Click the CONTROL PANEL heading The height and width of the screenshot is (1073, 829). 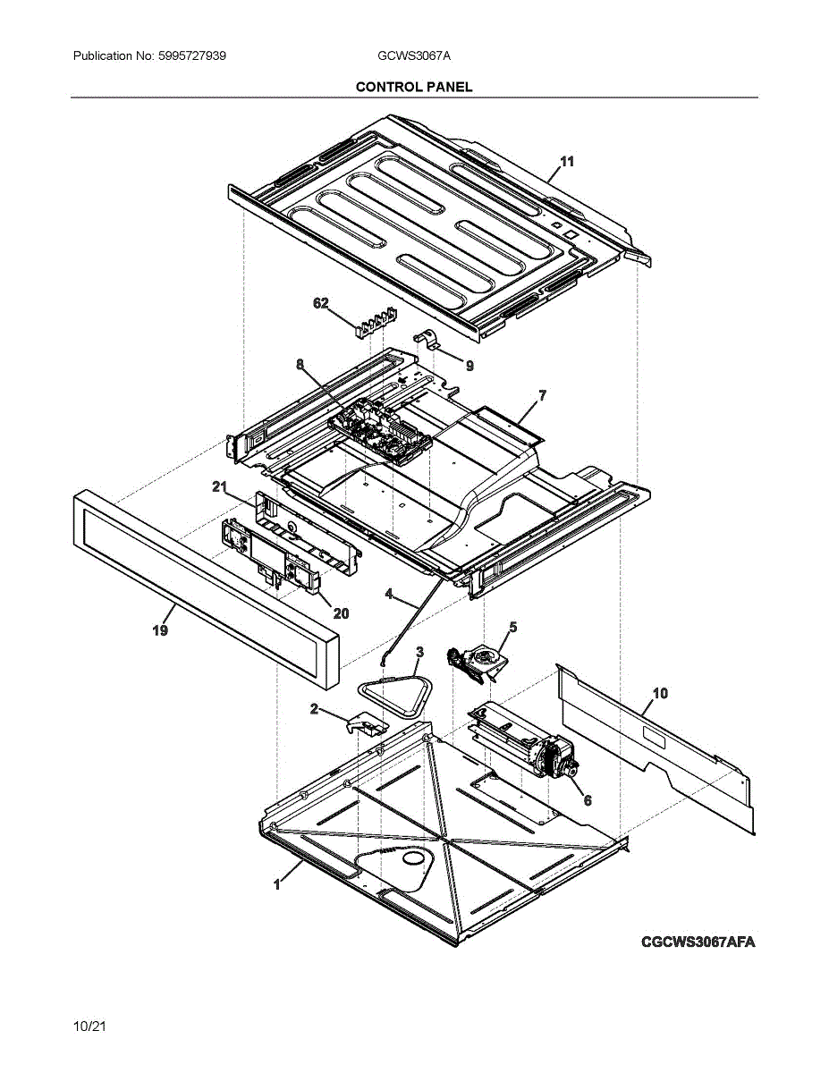pos(414,87)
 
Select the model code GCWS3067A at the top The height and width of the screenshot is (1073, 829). pos(414,56)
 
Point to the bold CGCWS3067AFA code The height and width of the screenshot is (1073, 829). pos(698,942)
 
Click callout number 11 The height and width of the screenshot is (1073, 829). pos(567,162)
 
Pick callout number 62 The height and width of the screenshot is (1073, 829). pos(320,303)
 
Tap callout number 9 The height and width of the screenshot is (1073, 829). pos(469,366)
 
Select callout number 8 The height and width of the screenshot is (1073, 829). pos(300,365)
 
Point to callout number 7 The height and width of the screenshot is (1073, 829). pos(542,394)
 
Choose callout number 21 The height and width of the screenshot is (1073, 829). pos(219,486)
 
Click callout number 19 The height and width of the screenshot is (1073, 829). pos(159,630)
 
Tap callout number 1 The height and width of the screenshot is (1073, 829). pos(277,884)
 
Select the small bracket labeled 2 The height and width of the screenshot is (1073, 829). pos(366,723)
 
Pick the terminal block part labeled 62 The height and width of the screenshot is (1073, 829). pos(372,322)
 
